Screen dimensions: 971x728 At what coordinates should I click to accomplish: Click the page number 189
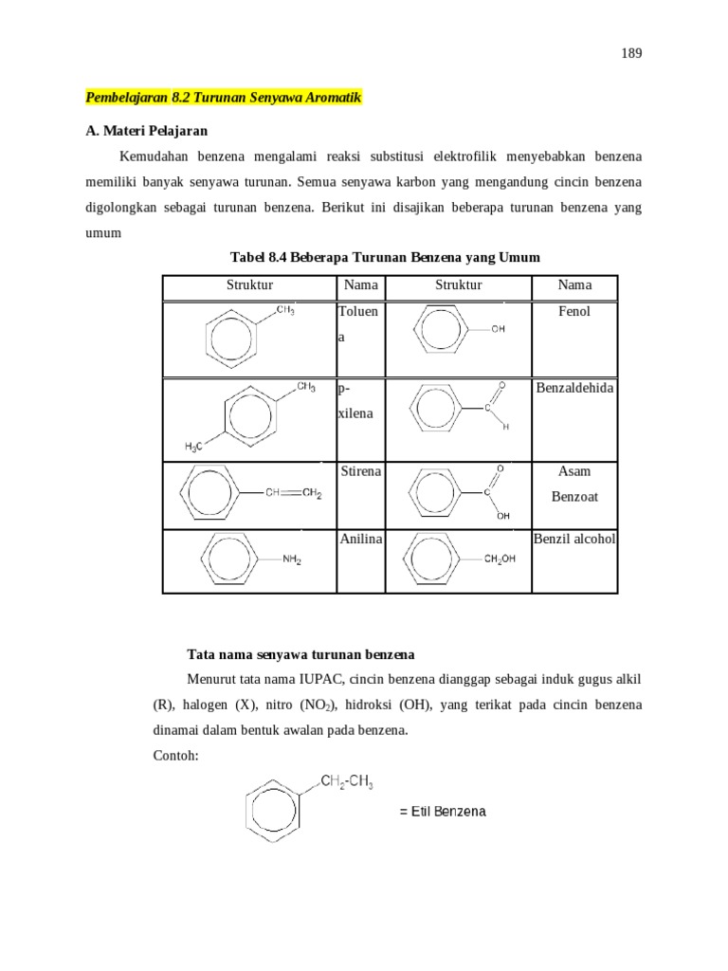tap(632, 54)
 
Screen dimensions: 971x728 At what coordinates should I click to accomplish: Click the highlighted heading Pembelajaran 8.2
tap(224, 98)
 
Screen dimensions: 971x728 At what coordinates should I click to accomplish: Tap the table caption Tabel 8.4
tap(385, 257)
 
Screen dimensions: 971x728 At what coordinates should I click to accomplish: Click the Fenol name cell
tap(574, 311)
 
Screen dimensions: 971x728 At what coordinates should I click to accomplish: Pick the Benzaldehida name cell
tap(574, 387)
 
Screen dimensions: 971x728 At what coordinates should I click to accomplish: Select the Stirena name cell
tap(360, 471)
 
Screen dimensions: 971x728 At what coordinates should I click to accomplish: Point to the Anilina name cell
tap(360, 539)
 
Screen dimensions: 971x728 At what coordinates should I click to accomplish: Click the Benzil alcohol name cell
tap(574, 539)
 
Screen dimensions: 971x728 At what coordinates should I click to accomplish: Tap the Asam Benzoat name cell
tap(574, 484)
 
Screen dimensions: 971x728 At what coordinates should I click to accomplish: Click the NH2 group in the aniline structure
tap(292, 560)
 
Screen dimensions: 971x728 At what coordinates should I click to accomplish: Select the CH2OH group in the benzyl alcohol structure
tap(500, 559)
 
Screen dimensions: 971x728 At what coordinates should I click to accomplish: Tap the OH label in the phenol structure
tap(499, 329)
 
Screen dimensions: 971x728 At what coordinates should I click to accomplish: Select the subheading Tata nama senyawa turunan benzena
tap(300, 655)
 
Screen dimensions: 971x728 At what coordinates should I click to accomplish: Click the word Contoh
tap(175, 756)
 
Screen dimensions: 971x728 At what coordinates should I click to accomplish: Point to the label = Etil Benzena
tap(443, 812)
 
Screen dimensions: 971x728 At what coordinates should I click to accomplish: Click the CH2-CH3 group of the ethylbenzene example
tap(347, 782)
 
